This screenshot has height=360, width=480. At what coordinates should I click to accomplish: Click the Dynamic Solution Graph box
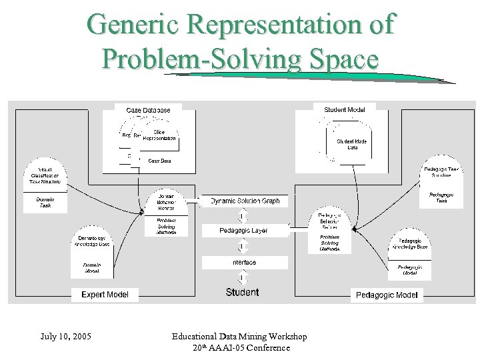[x=245, y=201]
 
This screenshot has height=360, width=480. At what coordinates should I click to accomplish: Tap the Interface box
[x=244, y=262]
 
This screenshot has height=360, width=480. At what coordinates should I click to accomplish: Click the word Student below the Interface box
[x=243, y=292]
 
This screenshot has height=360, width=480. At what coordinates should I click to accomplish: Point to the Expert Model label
[x=105, y=294]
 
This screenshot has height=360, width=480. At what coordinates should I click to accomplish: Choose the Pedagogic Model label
[x=387, y=294]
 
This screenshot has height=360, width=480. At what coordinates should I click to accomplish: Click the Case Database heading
[x=148, y=110]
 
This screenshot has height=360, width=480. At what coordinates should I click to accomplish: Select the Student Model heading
[x=344, y=109]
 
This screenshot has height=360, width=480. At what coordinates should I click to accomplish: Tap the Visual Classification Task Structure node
[x=45, y=175]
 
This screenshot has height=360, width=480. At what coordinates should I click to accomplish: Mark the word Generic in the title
[x=129, y=25]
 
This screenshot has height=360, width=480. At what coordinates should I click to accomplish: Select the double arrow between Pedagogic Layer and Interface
[x=243, y=247]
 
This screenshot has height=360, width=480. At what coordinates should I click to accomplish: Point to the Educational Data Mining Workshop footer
[x=240, y=336]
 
